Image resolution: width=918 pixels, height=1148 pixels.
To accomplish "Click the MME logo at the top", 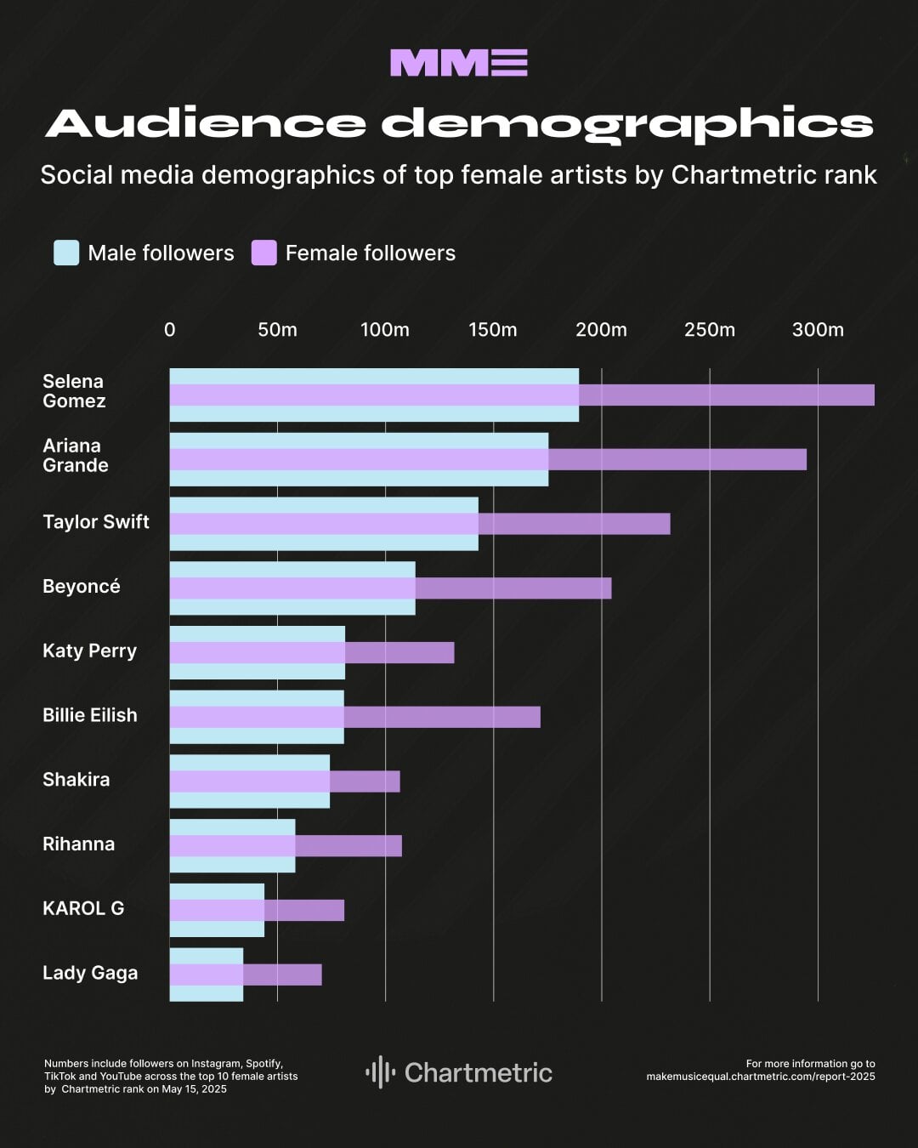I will pyautogui.click(x=459, y=63).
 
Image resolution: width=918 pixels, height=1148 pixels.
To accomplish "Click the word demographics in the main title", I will pyautogui.click(x=627, y=124).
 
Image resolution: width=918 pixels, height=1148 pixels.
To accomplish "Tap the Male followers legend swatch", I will pyautogui.click(x=66, y=253).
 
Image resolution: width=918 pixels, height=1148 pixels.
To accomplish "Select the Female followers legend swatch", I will pyautogui.click(x=264, y=253).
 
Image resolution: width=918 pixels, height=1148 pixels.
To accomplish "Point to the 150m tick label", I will pyautogui.click(x=493, y=330).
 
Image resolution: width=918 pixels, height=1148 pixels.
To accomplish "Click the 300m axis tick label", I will pyautogui.click(x=818, y=330).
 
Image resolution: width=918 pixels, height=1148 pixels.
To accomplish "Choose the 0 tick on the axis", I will pyautogui.click(x=170, y=330).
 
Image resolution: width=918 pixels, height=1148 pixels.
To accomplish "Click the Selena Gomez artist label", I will pyautogui.click(x=74, y=391).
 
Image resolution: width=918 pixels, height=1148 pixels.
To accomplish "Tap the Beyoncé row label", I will pyautogui.click(x=82, y=587).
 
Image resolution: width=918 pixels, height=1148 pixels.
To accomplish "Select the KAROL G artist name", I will pyautogui.click(x=83, y=908).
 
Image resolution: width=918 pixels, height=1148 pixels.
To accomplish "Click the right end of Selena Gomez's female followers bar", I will pyautogui.click(x=872, y=395).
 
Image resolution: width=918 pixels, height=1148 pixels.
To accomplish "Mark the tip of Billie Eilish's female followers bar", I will pyautogui.click(x=538, y=717).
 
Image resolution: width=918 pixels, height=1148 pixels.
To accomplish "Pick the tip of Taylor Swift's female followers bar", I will pyautogui.click(x=668, y=524).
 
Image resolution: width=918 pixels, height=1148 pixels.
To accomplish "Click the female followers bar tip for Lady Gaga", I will pyautogui.click(x=320, y=975).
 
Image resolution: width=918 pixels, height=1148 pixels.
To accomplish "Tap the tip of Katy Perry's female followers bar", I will pyautogui.click(x=452, y=653).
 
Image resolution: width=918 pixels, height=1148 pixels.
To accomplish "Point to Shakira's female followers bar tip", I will pyautogui.click(x=398, y=781).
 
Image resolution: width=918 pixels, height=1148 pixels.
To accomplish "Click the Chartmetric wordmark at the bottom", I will pyautogui.click(x=479, y=1073).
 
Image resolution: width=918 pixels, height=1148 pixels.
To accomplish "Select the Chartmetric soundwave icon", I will pyautogui.click(x=381, y=1072).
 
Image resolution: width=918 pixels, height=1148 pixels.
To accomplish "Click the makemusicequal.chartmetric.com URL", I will pyautogui.click(x=760, y=1077).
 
